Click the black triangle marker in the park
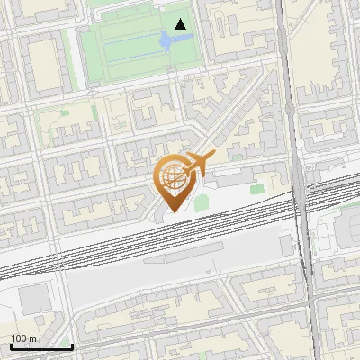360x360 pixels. point(182,25)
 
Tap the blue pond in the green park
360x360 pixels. point(166,40)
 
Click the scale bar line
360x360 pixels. point(41,346)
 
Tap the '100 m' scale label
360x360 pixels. point(24,338)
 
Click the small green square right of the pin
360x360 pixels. point(201,204)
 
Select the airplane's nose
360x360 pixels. point(214,158)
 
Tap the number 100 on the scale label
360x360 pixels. point(18,338)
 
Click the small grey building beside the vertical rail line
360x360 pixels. point(286,243)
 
